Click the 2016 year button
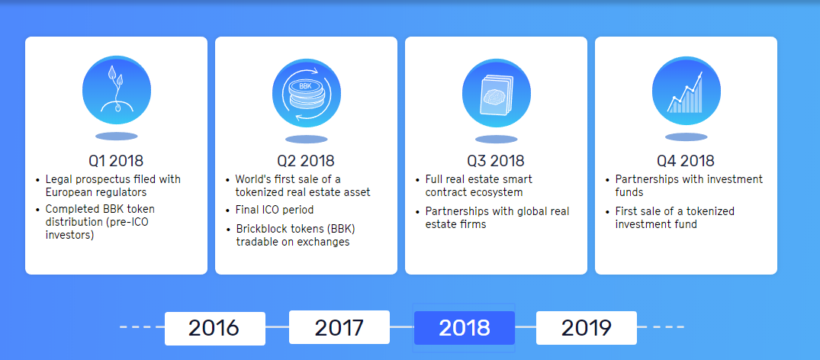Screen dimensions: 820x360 point(215,328)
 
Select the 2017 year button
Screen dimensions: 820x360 point(339,327)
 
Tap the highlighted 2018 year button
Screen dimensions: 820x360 point(465,328)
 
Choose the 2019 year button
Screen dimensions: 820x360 point(587,328)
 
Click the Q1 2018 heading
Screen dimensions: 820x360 point(116,160)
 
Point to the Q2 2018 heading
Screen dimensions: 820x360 point(306,160)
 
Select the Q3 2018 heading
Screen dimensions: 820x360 point(496,160)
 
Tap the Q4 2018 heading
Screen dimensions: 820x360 point(686,160)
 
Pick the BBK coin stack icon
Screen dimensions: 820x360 point(307,93)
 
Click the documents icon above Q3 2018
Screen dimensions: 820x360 point(497,93)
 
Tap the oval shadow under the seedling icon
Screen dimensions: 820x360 point(117,136)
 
